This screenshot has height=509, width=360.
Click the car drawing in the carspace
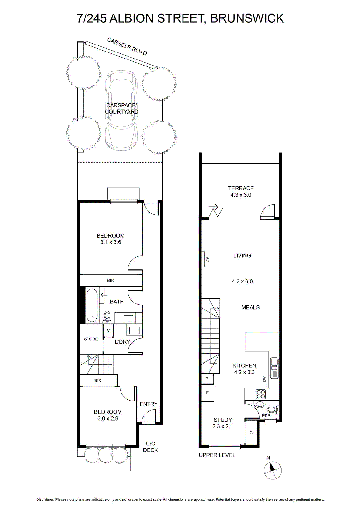click(x=121, y=111)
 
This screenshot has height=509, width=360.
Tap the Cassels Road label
click(x=127, y=46)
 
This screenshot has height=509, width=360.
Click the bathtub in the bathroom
click(x=92, y=305)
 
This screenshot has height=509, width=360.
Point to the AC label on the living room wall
click(x=207, y=259)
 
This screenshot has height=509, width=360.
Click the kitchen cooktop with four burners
click(x=260, y=394)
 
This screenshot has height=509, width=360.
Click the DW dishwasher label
click(x=264, y=379)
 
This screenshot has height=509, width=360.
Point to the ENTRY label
click(x=149, y=404)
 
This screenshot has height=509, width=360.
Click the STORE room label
click(x=91, y=339)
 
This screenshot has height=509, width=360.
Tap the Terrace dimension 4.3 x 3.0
click(x=241, y=195)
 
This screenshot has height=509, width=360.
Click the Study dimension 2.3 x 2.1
click(x=223, y=426)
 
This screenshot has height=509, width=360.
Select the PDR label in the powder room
click(x=266, y=415)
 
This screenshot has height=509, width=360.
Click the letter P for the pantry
click(x=207, y=379)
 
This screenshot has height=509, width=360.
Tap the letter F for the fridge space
click(x=207, y=393)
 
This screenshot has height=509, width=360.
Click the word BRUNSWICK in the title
click(x=247, y=18)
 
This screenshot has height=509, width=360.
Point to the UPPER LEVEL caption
click(x=217, y=455)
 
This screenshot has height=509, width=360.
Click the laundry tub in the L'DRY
click(x=134, y=331)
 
